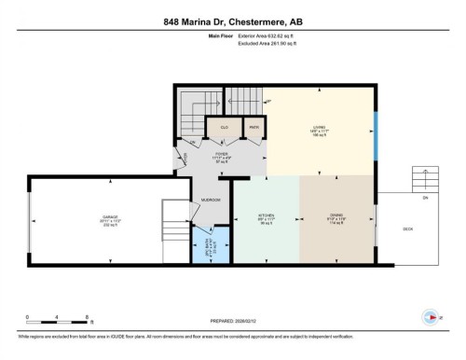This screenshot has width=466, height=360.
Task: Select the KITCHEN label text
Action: coord(266,215)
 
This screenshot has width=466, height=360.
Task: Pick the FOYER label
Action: coord(221,154)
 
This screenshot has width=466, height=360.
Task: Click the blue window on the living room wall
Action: coord(376,138)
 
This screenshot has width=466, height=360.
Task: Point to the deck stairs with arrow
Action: coord(425,178)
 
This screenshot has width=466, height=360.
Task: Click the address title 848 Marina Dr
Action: coord(232,22)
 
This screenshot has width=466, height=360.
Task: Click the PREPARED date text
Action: coord(232,321)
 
